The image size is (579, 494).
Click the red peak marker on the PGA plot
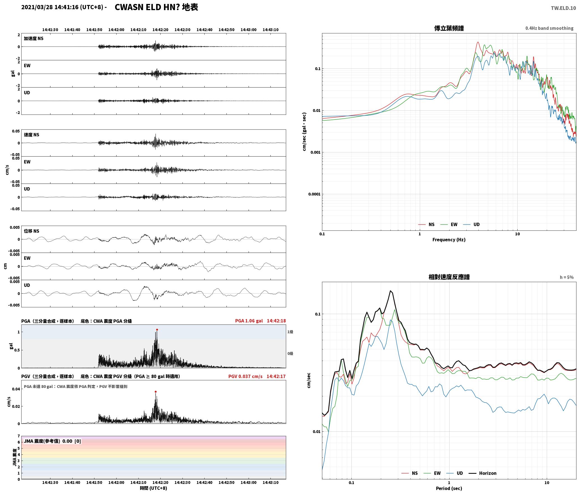157,330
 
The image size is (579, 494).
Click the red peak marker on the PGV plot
156,392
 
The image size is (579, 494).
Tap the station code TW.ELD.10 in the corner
563,8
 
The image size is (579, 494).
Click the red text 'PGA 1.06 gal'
249,321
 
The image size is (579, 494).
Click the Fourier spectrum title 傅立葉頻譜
449,28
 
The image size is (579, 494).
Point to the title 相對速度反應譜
449,277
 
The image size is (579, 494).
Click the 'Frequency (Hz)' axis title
449,240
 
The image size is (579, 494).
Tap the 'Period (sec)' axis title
449,488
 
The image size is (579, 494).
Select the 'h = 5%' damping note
567,277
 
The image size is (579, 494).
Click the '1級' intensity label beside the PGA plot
290,332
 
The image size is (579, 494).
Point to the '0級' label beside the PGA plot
290,353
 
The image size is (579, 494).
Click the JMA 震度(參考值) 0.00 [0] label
52,441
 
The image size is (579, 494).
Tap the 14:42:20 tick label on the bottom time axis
160,482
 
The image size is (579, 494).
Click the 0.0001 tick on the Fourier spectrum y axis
314,194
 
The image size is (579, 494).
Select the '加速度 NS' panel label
34,38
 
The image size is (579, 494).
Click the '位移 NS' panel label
31,231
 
